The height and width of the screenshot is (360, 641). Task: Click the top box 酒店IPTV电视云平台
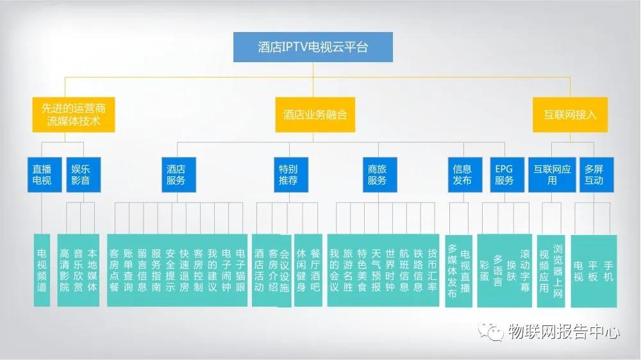(313, 47)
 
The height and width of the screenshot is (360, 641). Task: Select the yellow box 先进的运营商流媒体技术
(74, 115)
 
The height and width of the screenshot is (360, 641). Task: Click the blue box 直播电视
(47, 175)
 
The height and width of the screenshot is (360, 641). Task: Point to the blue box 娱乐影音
(81, 175)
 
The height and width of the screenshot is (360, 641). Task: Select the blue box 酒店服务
(176, 175)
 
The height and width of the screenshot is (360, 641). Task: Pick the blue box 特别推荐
(288, 175)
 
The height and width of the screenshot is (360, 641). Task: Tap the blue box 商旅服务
(377, 175)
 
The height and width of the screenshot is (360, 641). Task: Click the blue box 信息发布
(462, 175)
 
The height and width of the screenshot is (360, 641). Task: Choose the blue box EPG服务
(504, 175)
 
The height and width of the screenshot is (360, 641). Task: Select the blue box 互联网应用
(552, 175)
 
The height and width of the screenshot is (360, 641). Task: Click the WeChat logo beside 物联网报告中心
(492, 332)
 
